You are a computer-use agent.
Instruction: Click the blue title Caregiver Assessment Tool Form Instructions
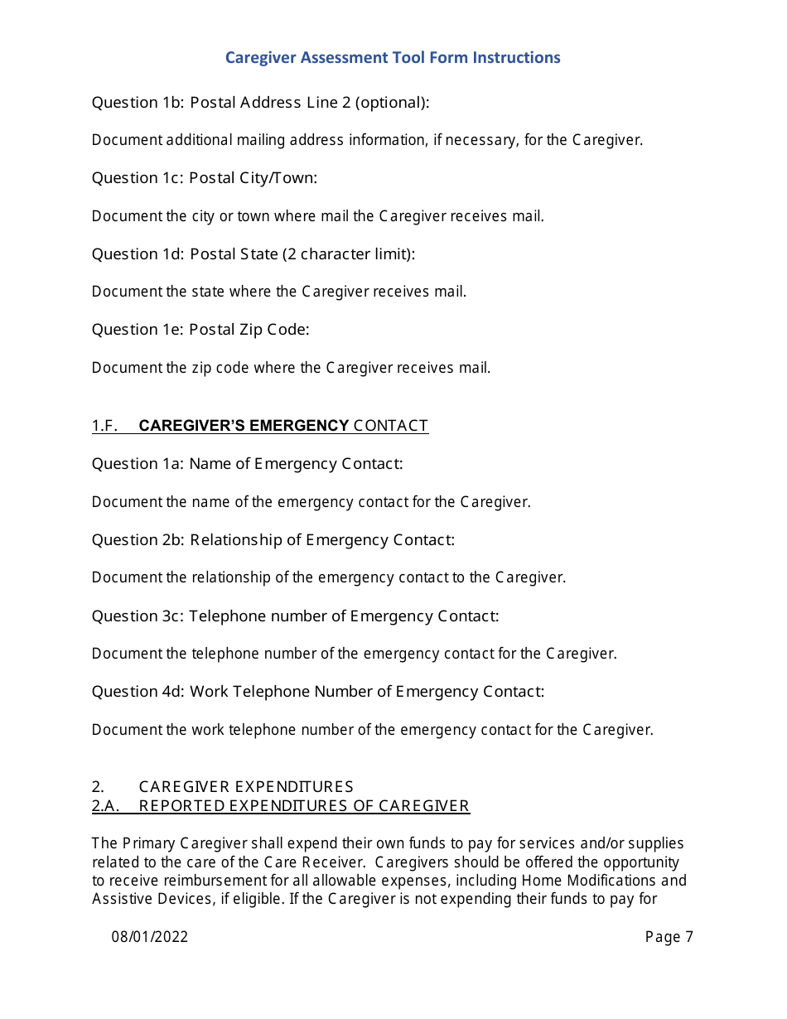coord(393,57)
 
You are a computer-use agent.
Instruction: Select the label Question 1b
coord(137,103)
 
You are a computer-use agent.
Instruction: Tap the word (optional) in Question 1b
coord(392,103)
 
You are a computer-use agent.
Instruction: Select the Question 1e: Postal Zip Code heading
coord(200,330)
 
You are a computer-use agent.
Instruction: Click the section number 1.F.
coord(104,426)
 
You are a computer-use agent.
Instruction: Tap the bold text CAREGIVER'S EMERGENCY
coord(244,426)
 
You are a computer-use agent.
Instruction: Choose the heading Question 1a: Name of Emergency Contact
coord(247,464)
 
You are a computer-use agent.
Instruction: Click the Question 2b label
coord(137,540)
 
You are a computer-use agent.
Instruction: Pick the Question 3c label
coord(137,616)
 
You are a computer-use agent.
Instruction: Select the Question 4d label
coord(137,692)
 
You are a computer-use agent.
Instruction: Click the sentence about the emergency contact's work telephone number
coord(372,730)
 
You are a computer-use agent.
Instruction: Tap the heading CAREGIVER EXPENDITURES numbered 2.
coord(246,787)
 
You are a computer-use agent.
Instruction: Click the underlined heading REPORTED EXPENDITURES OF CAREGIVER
coord(304,806)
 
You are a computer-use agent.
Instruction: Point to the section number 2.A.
coord(105,806)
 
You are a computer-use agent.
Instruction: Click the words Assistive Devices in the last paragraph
coord(149,899)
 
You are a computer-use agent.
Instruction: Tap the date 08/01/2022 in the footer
coord(150,937)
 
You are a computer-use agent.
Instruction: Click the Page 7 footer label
coord(669,937)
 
